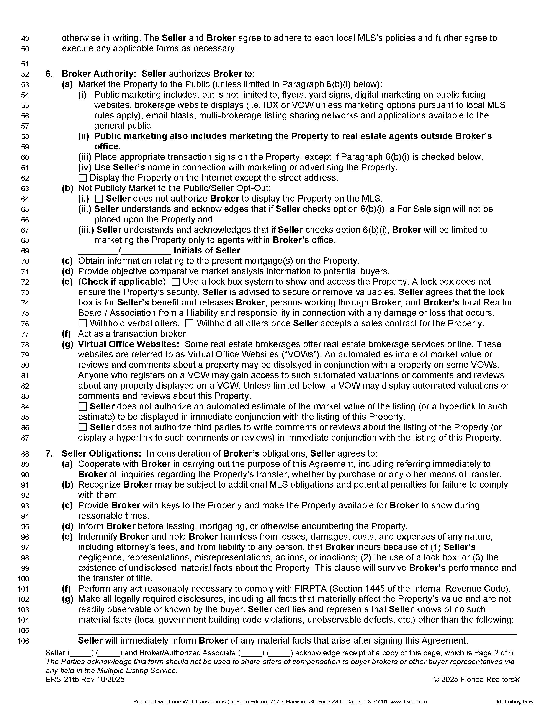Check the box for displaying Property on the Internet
[x=83, y=178]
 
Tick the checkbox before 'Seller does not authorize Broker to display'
[x=99, y=199]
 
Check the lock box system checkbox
[x=176, y=282]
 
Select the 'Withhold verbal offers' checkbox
[x=83, y=324]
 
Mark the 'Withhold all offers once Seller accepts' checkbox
[x=189, y=324]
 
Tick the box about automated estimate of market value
[x=83, y=407]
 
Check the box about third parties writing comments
[x=83, y=427]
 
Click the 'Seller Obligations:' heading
[x=101, y=454]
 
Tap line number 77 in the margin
[x=25, y=334]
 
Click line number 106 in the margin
[x=23, y=641]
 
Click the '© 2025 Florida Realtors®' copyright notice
[x=477, y=680]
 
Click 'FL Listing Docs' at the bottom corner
[x=514, y=702]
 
